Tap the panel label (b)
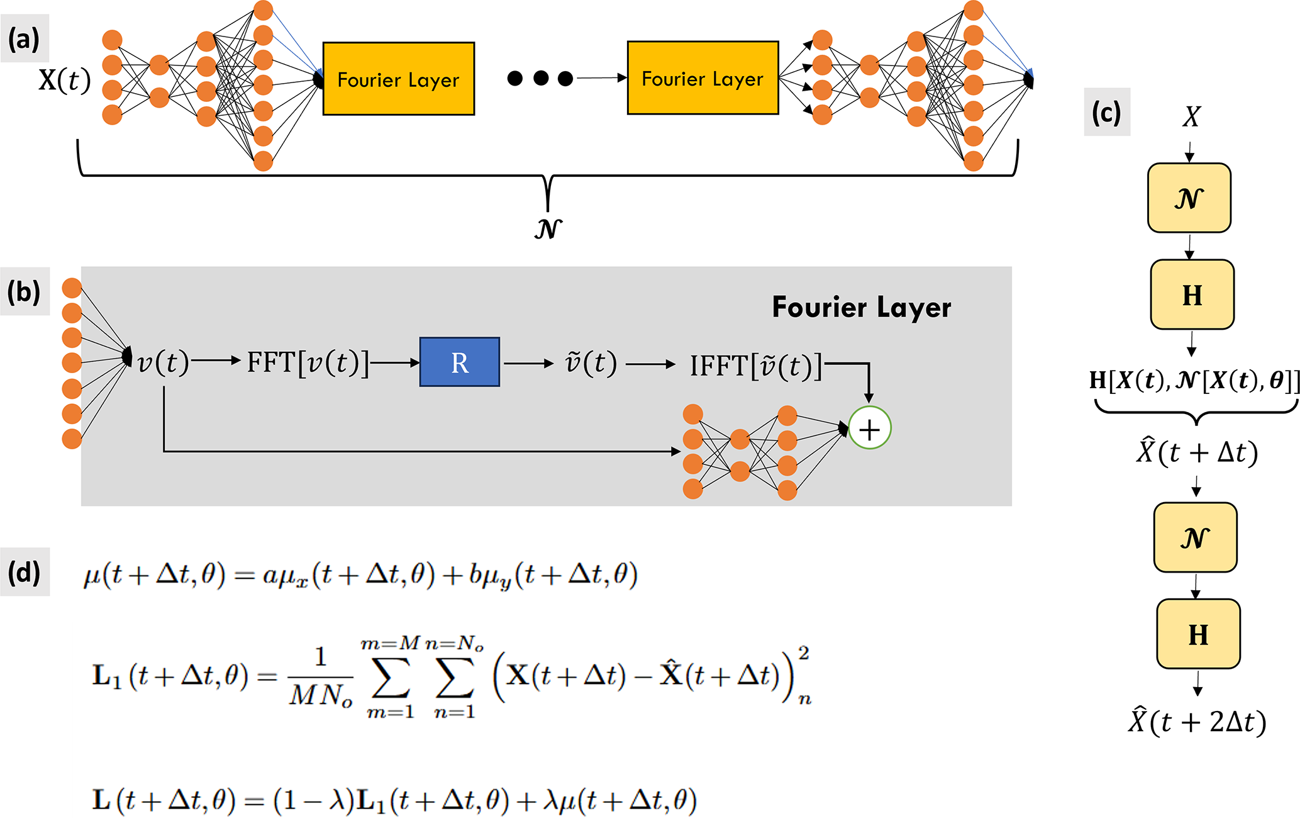(24, 292)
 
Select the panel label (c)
(1106, 113)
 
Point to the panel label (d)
(24, 573)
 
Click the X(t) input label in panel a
(64, 81)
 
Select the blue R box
(460, 362)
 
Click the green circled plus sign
(869, 429)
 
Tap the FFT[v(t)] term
(308, 362)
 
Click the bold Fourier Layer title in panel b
(861, 308)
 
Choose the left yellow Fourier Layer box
(398, 79)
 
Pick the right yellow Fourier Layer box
(703, 79)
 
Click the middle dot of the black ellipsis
(540, 79)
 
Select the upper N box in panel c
(1189, 198)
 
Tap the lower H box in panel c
(1198, 634)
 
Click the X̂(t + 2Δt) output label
(1197, 722)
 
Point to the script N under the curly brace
(548, 228)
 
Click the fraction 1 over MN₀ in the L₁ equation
(320, 677)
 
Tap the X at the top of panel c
(1191, 116)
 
